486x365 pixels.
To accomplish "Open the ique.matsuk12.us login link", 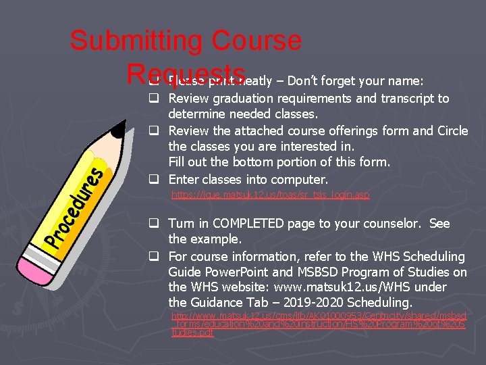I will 271,195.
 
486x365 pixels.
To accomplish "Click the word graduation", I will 246,99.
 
